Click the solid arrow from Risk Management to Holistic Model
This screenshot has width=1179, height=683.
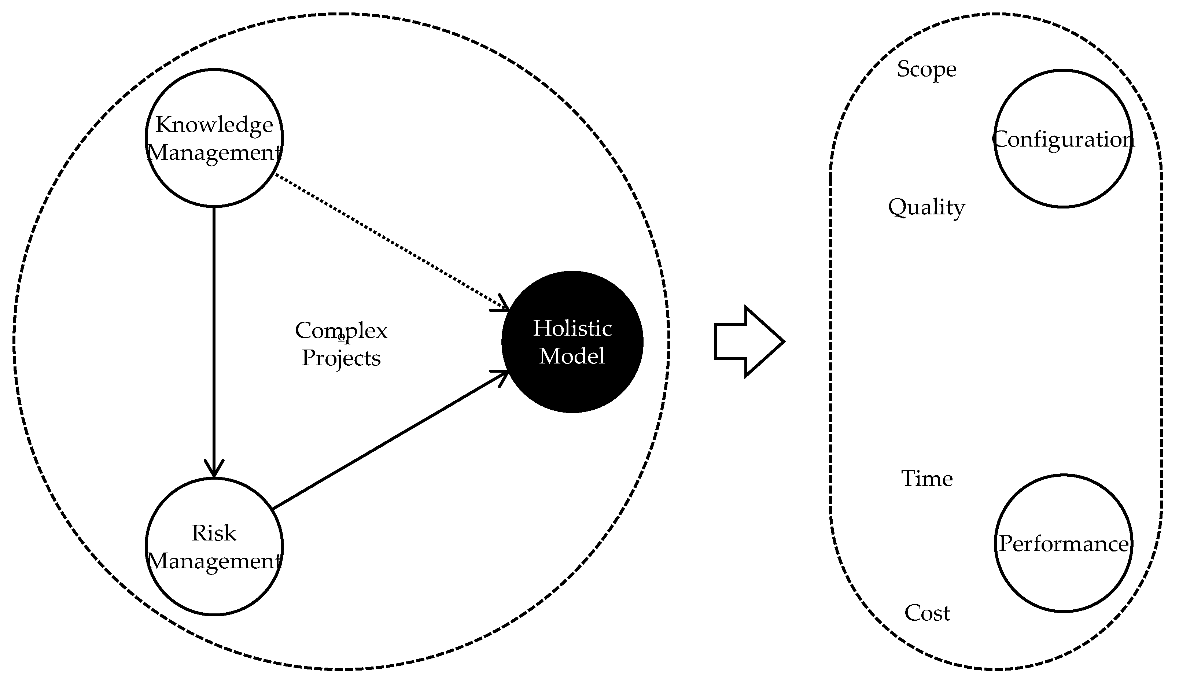point(388,440)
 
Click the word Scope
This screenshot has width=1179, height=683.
point(926,70)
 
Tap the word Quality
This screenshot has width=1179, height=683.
point(926,207)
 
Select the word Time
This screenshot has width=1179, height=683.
point(927,479)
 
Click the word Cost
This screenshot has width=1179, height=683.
point(927,613)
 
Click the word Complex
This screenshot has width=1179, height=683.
point(341,331)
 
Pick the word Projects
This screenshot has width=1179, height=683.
point(341,358)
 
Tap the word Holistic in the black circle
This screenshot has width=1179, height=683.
point(572,328)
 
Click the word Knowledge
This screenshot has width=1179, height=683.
point(214,125)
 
